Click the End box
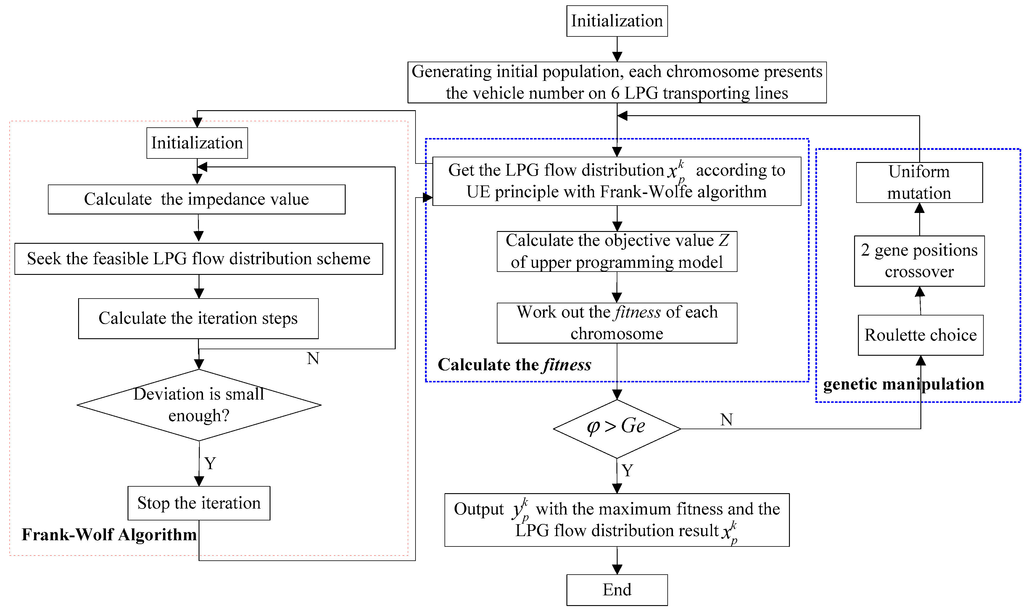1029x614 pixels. pos(617,590)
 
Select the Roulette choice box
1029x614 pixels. pos(920,335)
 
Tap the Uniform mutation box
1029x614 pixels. pos(919,182)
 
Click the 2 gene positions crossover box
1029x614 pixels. pos(919,261)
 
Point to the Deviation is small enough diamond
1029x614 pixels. pos(199,405)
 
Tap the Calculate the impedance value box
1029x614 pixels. pos(197,199)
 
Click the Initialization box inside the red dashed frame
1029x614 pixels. pos(197,143)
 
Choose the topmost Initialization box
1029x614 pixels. pos(617,21)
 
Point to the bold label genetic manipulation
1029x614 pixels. pos(903,384)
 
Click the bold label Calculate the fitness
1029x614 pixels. pos(514,365)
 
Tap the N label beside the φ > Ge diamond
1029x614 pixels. pos(726,419)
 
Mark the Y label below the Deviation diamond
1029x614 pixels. pos(210,463)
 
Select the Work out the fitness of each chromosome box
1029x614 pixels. pos(617,323)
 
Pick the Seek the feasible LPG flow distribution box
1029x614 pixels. pos(199,259)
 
